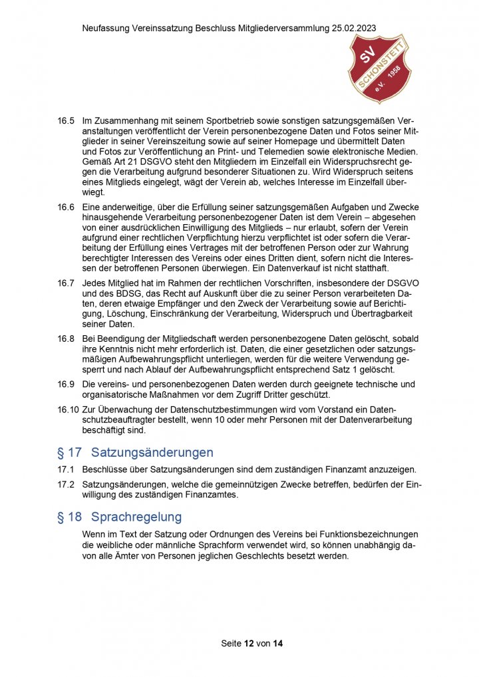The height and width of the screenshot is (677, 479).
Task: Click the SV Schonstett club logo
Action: click(380, 69)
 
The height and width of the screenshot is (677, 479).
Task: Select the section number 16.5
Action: click(66, 122)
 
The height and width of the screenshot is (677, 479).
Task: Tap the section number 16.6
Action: click(66, 207)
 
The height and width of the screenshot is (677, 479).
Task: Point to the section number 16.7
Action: click(66, 283)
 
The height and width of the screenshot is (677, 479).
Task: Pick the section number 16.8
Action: click(66, 338)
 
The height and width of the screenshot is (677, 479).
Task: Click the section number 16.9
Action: click(66, 384)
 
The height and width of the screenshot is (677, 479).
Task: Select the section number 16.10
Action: click(68, 408)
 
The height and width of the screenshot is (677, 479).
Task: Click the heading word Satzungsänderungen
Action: click(152, 453)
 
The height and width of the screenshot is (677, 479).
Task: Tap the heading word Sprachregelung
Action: click(136, 517)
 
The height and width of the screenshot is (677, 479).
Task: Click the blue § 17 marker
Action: click(69, 453)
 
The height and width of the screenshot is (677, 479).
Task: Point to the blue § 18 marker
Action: click(69, 517)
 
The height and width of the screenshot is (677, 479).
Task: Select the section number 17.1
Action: click(66, 470)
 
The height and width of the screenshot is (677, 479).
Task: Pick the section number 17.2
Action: click(66, 484)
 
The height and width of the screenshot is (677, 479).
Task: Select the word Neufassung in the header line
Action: click(104, 29)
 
